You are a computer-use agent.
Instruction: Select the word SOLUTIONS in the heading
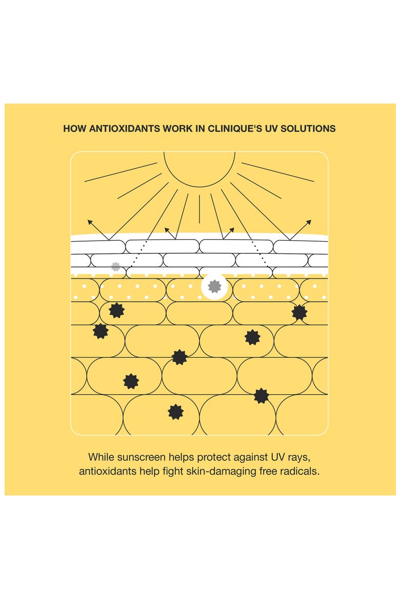308,129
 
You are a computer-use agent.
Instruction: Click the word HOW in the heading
75,129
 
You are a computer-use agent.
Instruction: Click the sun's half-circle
199,187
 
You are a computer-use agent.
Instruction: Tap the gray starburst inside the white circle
214,287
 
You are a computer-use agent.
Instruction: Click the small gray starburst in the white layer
115,267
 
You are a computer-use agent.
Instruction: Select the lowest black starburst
176,412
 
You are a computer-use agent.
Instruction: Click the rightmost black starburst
299,312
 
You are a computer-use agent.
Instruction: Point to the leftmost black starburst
101,331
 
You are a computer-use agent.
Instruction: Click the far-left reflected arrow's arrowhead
90,222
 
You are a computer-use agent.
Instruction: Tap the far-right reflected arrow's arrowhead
309,222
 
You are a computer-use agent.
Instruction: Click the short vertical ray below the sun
199,209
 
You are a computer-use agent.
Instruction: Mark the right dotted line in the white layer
259,253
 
